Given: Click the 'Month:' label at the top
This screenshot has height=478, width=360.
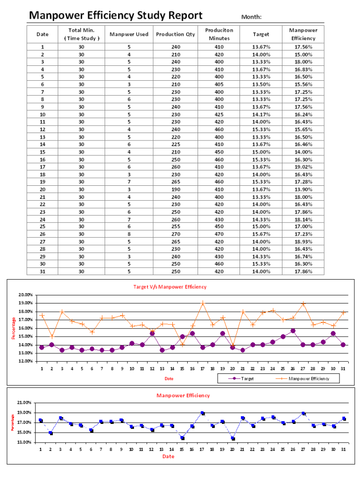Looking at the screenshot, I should pos(251,17).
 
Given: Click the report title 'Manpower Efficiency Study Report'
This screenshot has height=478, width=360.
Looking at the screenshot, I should pos(115,16).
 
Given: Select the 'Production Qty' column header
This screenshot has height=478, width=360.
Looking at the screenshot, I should pos(176,34).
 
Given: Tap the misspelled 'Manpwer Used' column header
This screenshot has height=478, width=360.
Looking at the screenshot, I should pos(129,34).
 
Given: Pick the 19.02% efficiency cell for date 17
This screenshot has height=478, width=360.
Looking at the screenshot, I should pos(303,167).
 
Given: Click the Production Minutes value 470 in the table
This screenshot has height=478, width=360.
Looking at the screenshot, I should pos(219,234).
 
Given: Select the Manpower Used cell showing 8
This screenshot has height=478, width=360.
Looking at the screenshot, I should pos(129,234).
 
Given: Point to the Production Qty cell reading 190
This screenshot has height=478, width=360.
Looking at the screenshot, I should pos(176,189).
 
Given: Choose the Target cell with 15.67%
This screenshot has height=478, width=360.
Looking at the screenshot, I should pos(261,234).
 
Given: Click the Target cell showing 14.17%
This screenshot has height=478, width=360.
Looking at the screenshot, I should pos(261,114).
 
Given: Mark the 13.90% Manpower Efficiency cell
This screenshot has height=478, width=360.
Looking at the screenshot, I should pos(303,189).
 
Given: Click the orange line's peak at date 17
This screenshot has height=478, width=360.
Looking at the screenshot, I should pos(203,303).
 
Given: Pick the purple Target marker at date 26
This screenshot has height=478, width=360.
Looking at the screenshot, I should pos(293,330).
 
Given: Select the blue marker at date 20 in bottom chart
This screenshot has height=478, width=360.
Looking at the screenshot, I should pos(233,438).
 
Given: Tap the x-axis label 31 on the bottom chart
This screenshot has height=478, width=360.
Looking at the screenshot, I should pos(344,450).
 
